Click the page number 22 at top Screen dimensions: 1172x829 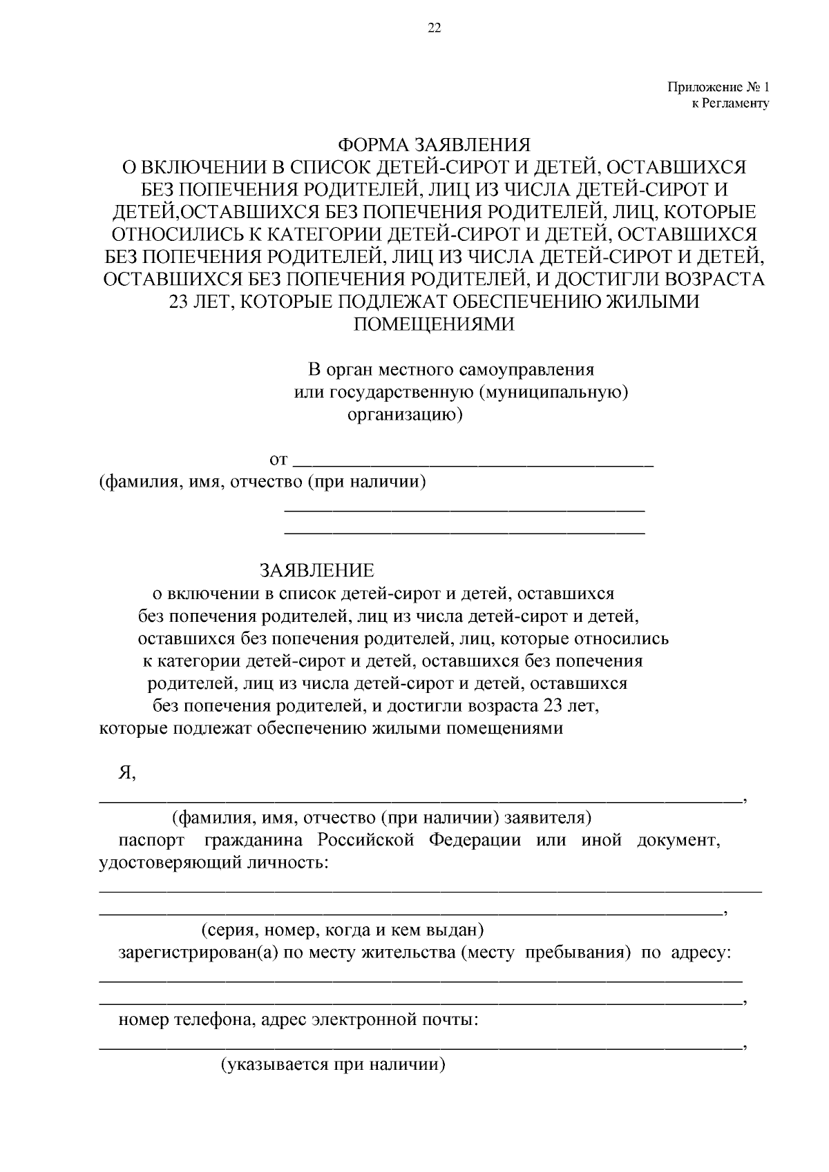point(435,28)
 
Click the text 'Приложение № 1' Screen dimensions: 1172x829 point(718,88)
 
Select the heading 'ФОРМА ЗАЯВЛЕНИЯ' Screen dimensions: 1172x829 point(434,145)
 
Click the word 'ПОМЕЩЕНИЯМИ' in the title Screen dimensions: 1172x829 point(434,324)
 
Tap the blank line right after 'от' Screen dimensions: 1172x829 point(473,461)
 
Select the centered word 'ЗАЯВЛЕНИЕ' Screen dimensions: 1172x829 point(317,570)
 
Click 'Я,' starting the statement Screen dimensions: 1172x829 point(126,774)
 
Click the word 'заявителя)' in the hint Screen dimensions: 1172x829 point(548,818)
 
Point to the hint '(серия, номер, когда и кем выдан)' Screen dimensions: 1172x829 point(342,930)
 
